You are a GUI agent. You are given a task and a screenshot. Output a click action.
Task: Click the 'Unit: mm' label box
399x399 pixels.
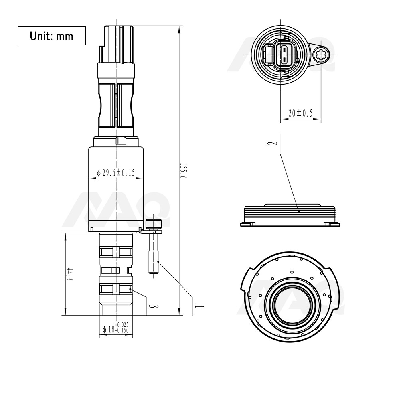[51, 36]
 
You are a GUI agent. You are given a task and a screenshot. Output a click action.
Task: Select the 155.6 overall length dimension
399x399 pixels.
[183, 170]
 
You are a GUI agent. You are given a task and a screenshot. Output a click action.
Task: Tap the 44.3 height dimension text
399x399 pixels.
[70, 275]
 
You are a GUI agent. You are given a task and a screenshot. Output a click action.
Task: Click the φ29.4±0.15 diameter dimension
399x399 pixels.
[116, 173]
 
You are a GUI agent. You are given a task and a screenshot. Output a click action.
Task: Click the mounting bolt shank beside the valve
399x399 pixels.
[154, 253]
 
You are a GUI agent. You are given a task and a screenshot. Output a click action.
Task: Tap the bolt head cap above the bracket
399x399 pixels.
[153, 224]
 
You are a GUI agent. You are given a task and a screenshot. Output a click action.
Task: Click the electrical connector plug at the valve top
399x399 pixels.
[116, 44]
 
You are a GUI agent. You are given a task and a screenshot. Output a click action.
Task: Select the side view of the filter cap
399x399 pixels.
[291, 215]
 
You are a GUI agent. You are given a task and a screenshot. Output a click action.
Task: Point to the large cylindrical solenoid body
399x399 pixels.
[116, 188]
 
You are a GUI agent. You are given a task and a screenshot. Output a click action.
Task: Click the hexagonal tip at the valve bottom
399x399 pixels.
[116, 307]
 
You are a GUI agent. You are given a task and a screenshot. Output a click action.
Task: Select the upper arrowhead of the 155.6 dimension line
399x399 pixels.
[178, 28]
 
